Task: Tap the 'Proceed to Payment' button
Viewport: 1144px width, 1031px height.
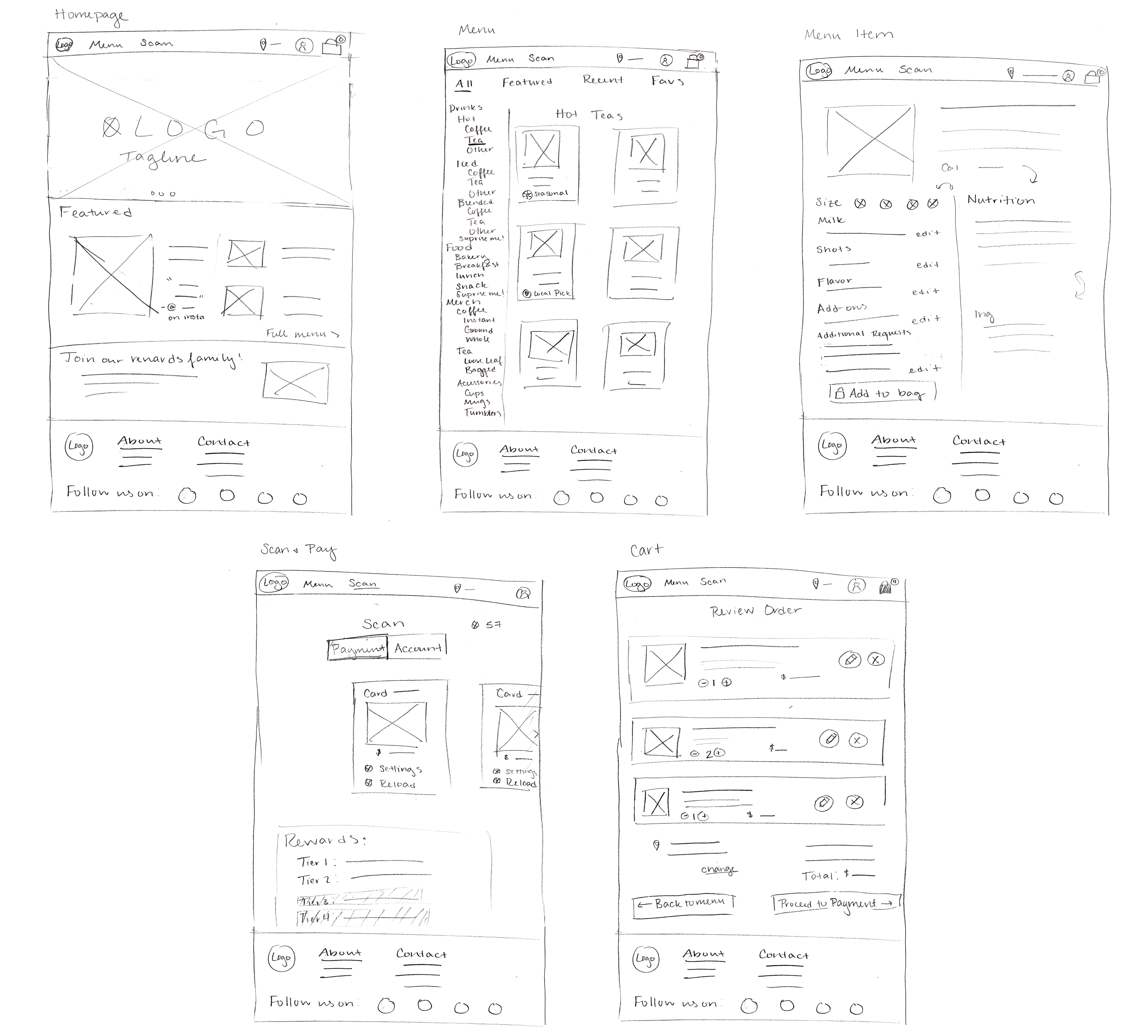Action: pyautogui.click(x=835, y=903)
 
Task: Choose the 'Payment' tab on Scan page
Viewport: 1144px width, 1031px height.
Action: pyautogui.click(x=358, y=649)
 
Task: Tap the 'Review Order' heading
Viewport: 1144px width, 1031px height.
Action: pyautogui.click(x=756, y=610)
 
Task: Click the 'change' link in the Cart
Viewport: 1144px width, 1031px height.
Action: pyautogui.click(x=718, y=870)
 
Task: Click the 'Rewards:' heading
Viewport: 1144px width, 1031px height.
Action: pyautogui.click(x=325, y=840)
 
